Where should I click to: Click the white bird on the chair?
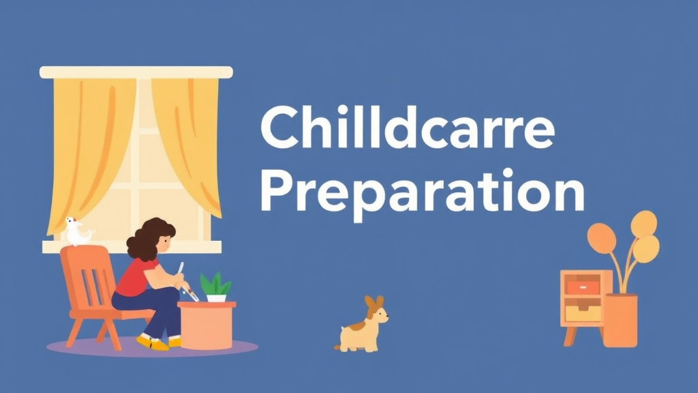[77, 232]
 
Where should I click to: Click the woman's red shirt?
[136, 277]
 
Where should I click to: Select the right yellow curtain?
[187, 136]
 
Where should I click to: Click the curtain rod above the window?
[136, 72]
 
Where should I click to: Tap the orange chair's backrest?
[85, 273]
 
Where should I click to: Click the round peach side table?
[206, 324]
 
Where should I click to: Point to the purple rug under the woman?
[225, 348]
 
